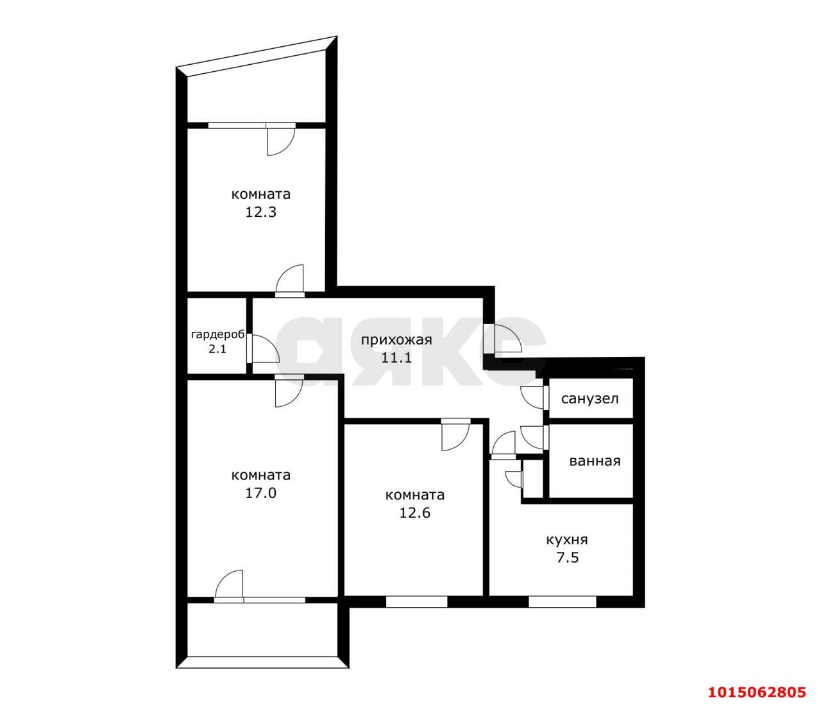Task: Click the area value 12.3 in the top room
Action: point(260,212)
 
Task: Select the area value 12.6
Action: point(414,513)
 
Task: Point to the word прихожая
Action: point(396,340)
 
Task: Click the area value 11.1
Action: point(396,358)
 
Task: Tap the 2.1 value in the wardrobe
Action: point(217,349)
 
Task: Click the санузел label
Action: point(589,399)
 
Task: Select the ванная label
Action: point(595,461)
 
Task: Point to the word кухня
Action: point(566,540)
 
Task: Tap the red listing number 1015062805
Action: point(756,692)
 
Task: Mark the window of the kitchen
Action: point(563,601)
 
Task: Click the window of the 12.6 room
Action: point(416,601)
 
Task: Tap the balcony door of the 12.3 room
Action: point(280,140)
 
